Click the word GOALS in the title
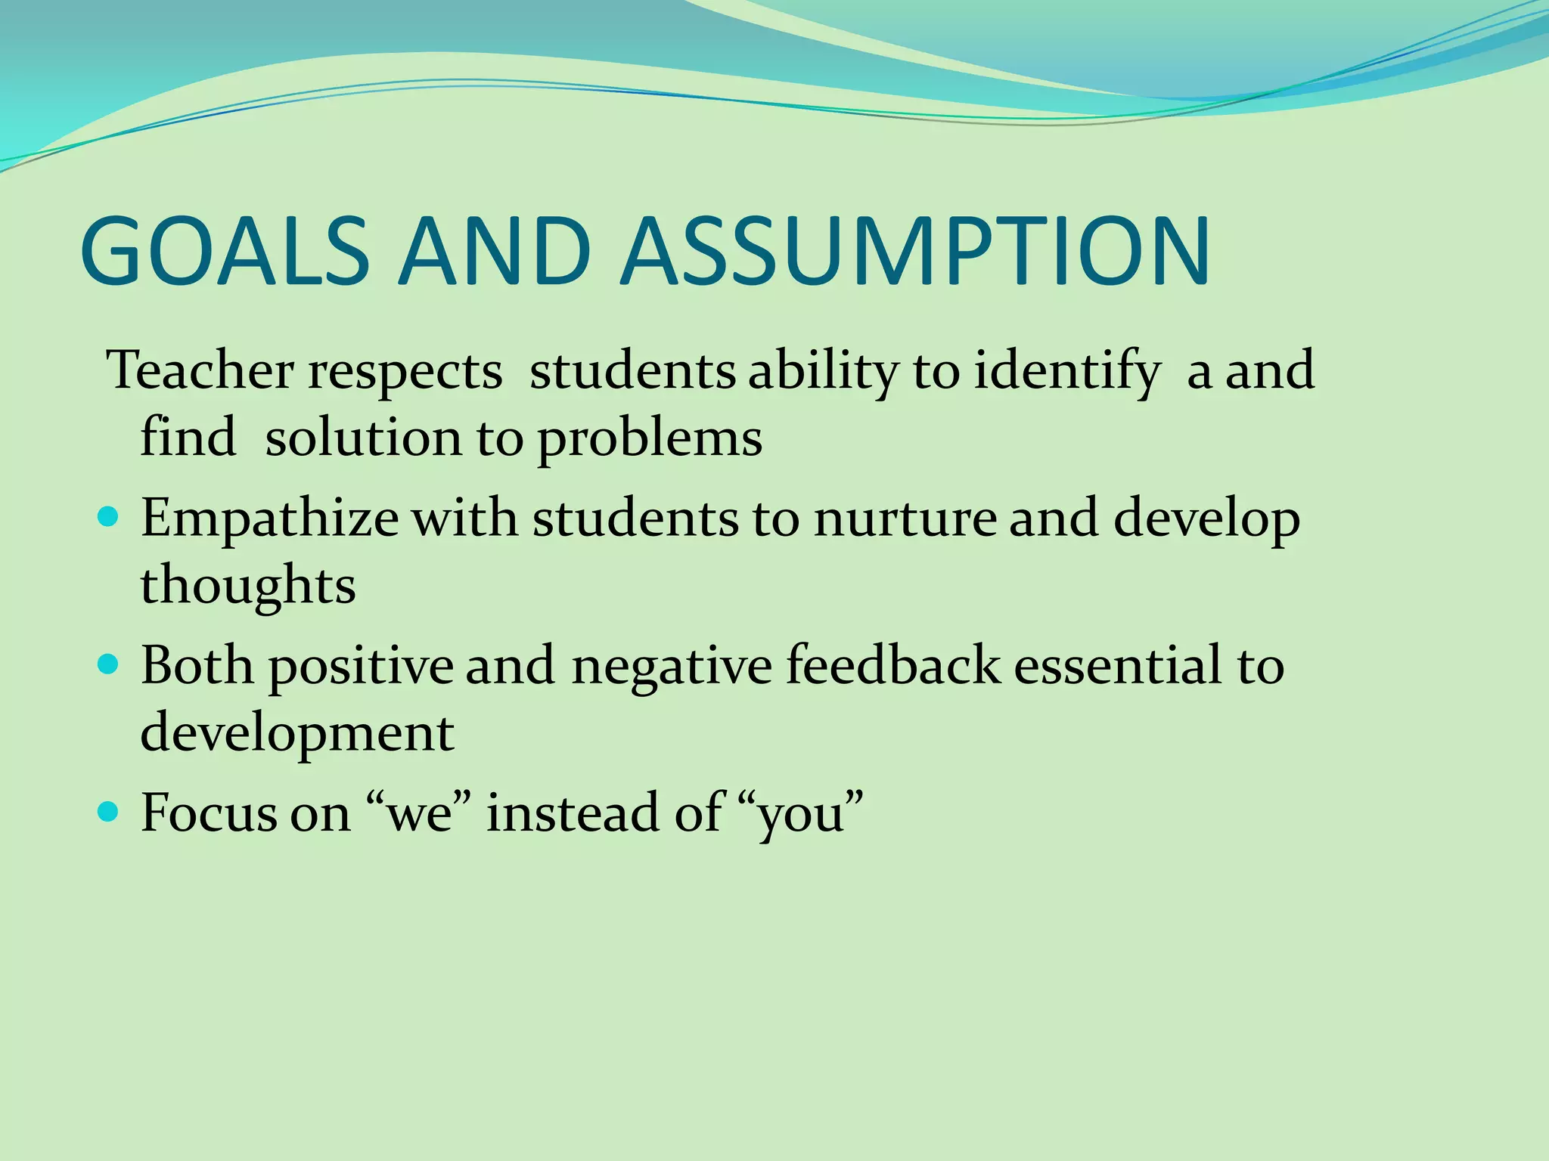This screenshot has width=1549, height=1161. tap(224, 252)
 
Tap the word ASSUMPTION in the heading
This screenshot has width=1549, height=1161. tap(915, 252)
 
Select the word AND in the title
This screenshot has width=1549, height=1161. tap(495, 252)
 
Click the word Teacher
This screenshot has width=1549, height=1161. tap(200, 371)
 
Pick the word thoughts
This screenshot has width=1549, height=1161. tap(248, 587)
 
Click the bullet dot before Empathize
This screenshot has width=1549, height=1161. tap(109, 517)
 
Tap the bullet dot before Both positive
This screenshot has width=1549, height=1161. tap(109, 664)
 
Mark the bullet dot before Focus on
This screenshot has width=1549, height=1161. tap(109, 812)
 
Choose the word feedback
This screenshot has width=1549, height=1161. tap(892, 666)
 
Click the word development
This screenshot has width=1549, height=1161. tap(297, 734)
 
